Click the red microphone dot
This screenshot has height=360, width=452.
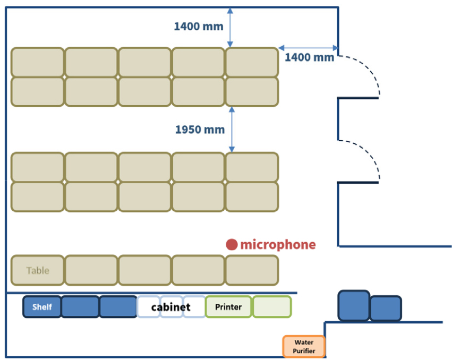(232, 245)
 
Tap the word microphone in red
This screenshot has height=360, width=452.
(278, 245)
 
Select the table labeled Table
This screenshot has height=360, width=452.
(38, 270)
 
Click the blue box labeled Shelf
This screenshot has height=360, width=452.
(42, 307)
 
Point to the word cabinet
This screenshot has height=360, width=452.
(170, 307)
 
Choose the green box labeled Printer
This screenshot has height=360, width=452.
(228, 307)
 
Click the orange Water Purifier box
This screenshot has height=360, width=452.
(304, 346)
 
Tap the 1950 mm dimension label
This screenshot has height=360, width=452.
(200, 130)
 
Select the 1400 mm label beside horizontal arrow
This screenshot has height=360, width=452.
(309, 57)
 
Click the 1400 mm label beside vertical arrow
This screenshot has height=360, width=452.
(199, 27)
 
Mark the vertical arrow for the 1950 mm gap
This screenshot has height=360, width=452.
(232, 130)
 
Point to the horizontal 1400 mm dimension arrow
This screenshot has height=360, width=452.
(309, 48)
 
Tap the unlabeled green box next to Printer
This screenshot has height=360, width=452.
(272, 307)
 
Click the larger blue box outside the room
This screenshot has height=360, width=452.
(354, 305)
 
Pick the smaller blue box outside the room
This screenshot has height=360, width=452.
(386, 308)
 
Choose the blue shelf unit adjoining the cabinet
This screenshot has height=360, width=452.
(118, 307)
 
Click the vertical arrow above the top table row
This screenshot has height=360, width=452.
(230, 28)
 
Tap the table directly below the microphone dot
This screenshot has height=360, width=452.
(252, 270)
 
